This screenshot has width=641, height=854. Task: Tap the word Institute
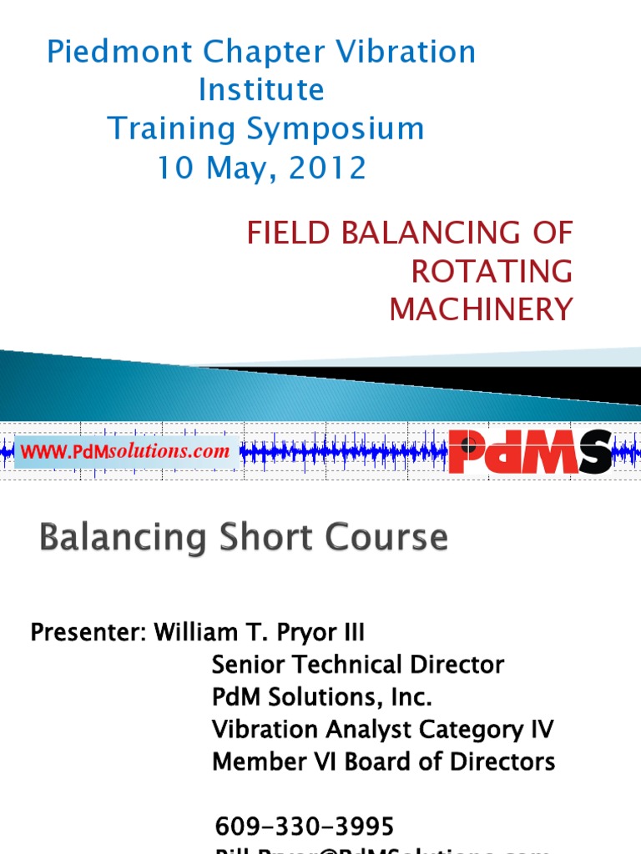pos(260,90)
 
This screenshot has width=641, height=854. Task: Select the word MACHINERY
pos(482,309)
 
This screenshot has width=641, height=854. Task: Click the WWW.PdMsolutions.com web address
pos(125,452)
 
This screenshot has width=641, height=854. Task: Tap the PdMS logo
pos(530,451)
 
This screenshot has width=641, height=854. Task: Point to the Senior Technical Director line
pos(358,665)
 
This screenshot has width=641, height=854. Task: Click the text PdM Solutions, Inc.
pos(322,696)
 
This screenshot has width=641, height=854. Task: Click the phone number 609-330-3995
pos(305,826)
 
